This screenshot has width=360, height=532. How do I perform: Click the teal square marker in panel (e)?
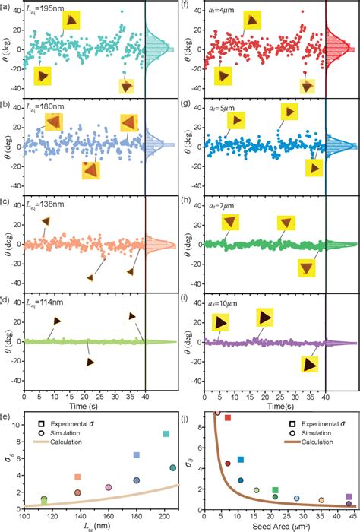click(166, 434)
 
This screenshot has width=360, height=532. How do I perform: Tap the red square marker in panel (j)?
click(227, 418)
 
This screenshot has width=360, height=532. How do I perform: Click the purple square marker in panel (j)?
click(349, 496)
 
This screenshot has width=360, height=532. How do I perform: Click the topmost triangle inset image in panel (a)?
click(71, 21)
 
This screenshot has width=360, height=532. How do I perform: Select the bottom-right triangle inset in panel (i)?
click(310, 364)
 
